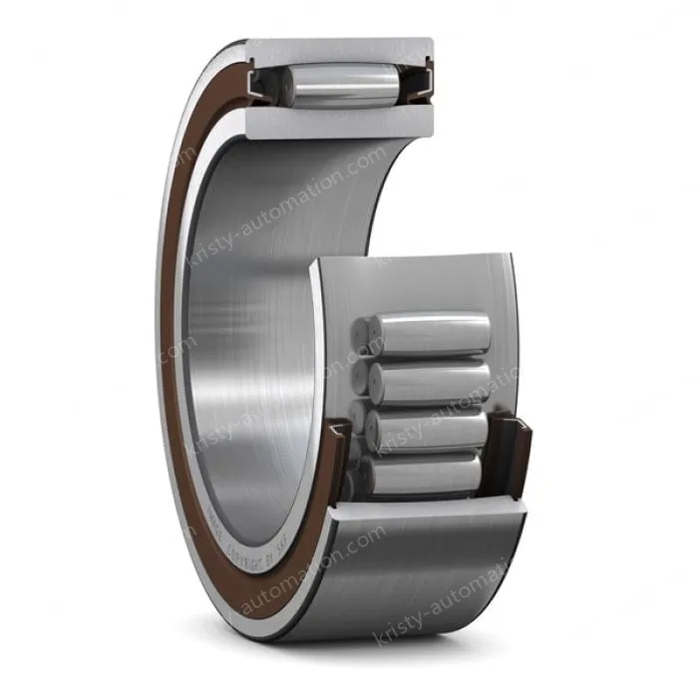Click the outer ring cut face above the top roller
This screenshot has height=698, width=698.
[x=339, y=49]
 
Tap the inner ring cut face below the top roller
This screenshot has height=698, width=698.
[x=339, y=122]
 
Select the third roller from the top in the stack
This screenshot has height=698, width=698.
[x=429, y=430]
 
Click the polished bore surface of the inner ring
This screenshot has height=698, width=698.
[x=249, y=299]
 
